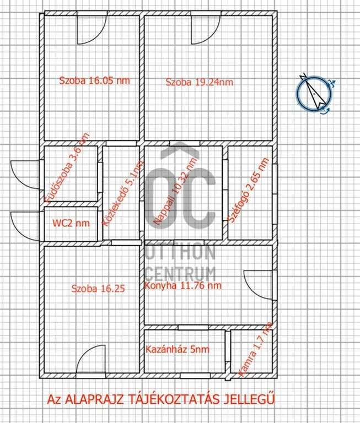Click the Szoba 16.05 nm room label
94,80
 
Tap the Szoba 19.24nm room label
200,82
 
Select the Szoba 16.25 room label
98,289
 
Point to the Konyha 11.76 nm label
183,286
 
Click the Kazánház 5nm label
178,349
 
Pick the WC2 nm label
71,223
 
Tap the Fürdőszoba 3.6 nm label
67,168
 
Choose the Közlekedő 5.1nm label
123,193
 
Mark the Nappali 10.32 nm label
175,191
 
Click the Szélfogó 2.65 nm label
248,190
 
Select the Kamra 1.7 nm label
255,350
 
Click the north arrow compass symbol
314,93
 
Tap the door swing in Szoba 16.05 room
92,30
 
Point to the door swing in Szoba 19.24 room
206,30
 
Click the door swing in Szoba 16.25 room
91,359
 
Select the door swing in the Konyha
258,285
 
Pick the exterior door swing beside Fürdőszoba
25,175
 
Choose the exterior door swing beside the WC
25,226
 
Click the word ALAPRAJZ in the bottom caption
94,399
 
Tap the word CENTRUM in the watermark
180,274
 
